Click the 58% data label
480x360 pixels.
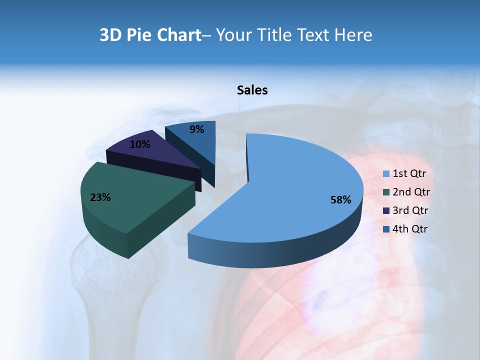coord(340,200)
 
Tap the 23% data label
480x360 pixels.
coord(100,197)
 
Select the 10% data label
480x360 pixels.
coord(139,144)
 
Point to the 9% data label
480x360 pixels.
coord(197,129)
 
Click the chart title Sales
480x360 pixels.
coord(252,90)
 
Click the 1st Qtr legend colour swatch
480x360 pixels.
coord(386,174)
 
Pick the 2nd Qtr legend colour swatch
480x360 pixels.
coord(386,192)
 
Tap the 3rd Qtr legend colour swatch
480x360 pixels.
coord(386,210)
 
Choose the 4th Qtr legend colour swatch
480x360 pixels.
coord(386,229)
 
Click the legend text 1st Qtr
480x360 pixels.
coord(409,174)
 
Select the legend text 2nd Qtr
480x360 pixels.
coord(411,192)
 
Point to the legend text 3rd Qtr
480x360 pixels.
coord(411,210)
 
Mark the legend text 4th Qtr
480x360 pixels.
coord(410,229)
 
